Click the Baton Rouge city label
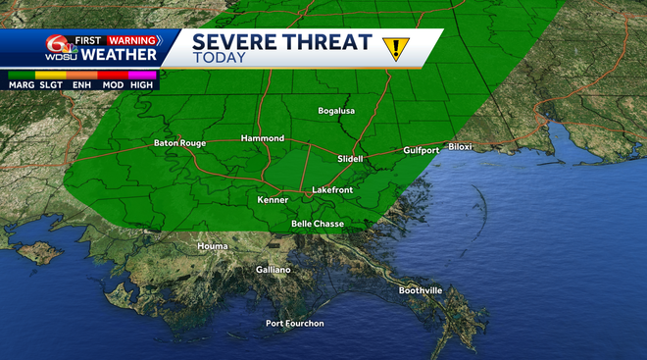179,143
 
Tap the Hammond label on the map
262,138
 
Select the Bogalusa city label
339,111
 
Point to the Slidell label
350,158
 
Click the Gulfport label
423,151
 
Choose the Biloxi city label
461,146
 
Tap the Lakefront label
331,189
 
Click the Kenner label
273,200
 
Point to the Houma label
212,246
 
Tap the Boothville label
421,290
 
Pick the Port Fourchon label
294,324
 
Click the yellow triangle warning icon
396,46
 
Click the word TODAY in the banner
220,59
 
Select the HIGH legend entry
142,85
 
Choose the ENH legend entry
81,85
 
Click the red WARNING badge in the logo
132,40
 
